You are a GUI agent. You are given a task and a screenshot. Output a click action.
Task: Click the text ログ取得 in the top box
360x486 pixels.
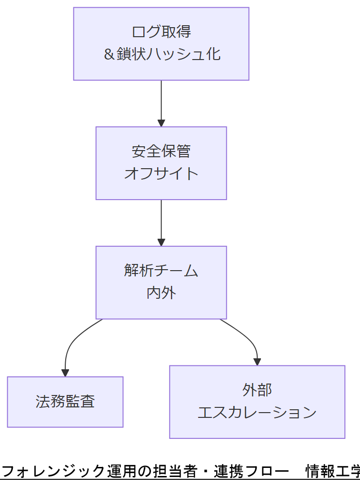pyautogui.click(x=161, y=32)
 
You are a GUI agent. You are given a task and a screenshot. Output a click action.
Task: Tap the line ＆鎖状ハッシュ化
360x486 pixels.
pyautogui.click(x=161, y=54)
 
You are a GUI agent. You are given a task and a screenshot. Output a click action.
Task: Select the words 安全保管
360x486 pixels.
pyautogui.click(x=161, y=152)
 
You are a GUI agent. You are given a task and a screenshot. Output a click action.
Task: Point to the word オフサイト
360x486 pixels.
pyautogui.click(x=161, y=173)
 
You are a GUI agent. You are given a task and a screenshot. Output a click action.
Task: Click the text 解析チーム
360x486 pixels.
pyautogui.click(x=161, y=271)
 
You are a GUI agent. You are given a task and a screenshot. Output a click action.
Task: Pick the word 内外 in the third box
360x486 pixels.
pyautogui.click(x=161, y=293)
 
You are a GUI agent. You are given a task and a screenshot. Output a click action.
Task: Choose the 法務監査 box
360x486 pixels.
pyautogui.click(x=65, y=402)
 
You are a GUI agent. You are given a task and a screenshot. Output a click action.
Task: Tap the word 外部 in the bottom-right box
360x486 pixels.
pyautogui.click(x=257, y=390)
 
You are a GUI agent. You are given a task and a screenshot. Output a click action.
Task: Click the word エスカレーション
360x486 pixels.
pyautogui.click(x=257, y=412)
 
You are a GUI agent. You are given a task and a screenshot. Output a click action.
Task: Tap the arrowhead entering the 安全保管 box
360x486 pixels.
pyautogui.click(x=161, y=122)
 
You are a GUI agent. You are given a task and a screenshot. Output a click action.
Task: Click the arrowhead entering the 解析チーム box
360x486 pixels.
pyautogui.click(x=161, y=242)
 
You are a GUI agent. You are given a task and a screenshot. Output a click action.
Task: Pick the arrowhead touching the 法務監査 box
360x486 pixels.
pyautogui.click(x=65, y=373)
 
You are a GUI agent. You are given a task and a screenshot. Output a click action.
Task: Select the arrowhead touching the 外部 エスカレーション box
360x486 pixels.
pyautogui.click(x=257, y=362)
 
